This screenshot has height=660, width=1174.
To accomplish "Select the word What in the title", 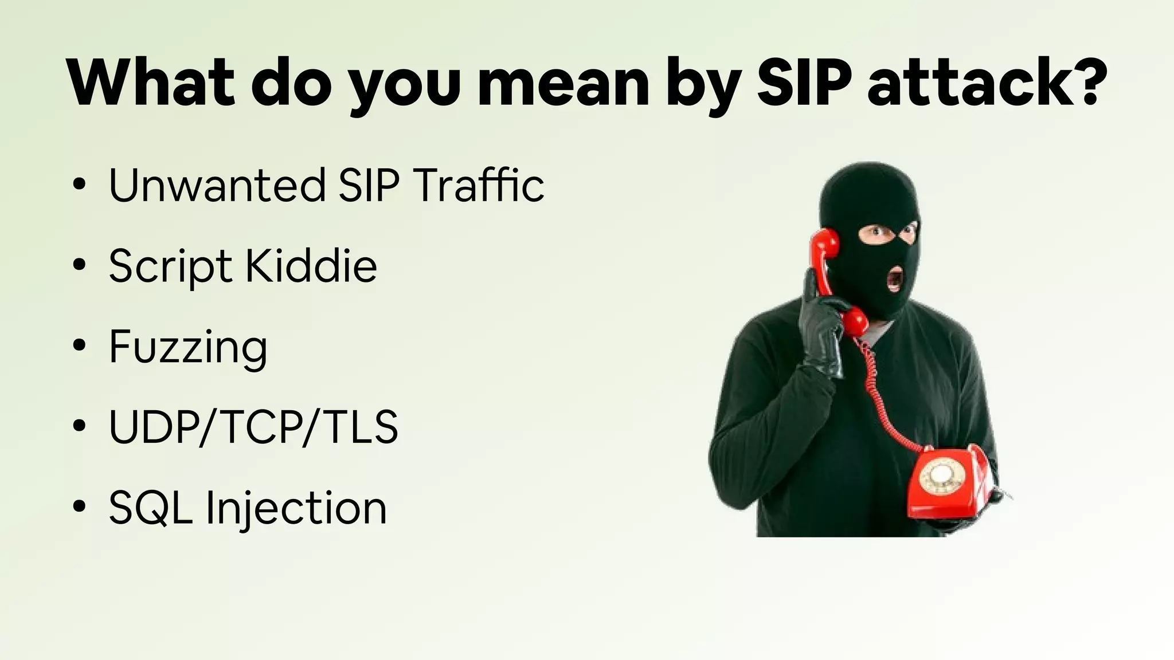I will coord(151,83).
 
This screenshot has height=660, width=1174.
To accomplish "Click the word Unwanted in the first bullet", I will coord(217,186).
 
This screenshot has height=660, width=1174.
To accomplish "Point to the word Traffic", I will coord(479,186).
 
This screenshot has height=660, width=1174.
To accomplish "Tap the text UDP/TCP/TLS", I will coord(253,427).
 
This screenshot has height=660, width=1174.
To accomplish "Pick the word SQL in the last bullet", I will coord(150,508).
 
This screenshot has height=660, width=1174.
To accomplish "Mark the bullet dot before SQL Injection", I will coord(80,506).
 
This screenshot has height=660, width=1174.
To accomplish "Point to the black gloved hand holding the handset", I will coord(821,332).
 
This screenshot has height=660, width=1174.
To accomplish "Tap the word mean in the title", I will coord(563,83).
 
